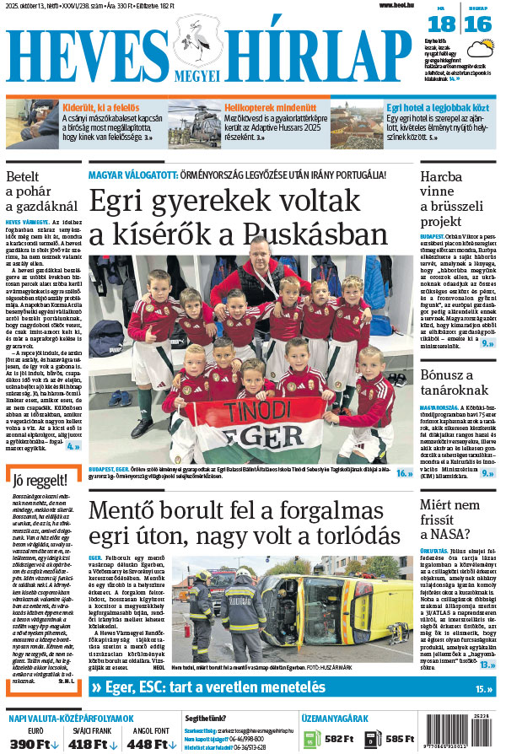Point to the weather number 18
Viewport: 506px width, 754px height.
[x=446, y=24]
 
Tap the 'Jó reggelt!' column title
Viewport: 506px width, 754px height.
[x=35, y=482]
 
